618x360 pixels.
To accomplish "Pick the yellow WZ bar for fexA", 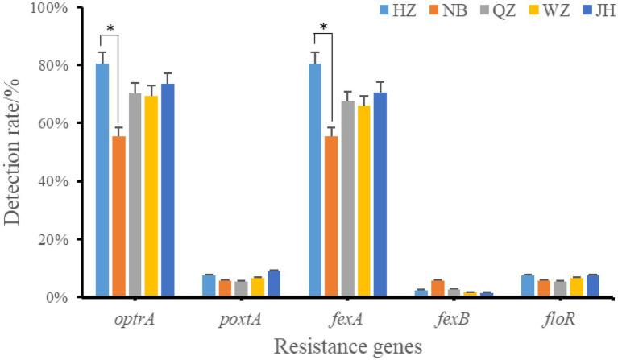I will click(x=364, y=201).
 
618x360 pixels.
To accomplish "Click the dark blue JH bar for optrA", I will click(x=168, y=190).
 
